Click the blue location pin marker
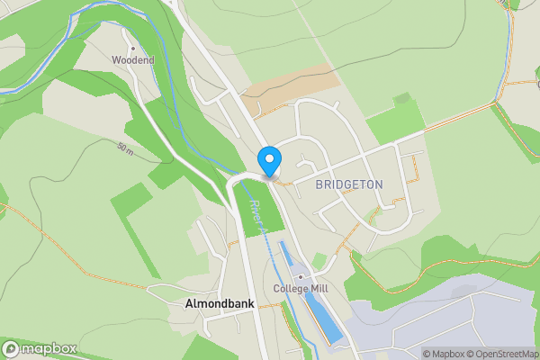(268, 161)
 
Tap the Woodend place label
(133, 60)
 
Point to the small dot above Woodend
(133, 48)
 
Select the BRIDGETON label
(349, 184)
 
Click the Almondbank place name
(220, 304)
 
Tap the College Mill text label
(301, 289)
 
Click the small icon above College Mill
(301, 276)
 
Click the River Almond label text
(257, 220)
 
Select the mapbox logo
(40, 348)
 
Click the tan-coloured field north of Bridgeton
(290, 85)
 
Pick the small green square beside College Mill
(319, 260)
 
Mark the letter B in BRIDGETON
(319, 184)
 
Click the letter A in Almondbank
(189, 304)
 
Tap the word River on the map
(254, 210)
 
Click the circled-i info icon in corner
(416, 354)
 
